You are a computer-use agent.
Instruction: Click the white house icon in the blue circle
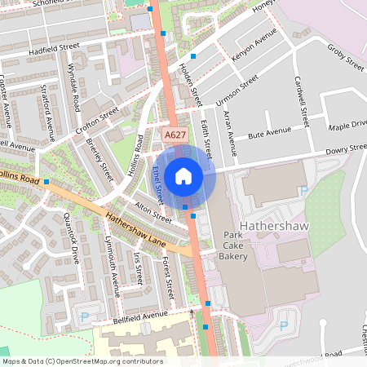pos(183,175)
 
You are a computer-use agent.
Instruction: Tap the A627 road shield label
pos(173,135)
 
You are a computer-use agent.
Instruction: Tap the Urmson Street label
pos(237,90)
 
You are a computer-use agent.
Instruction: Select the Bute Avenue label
pos(269,131)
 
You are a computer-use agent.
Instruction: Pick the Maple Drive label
pos(347,124)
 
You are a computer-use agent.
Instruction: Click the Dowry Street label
pos(346,150)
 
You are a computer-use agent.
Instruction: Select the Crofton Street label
pos(97,121)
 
